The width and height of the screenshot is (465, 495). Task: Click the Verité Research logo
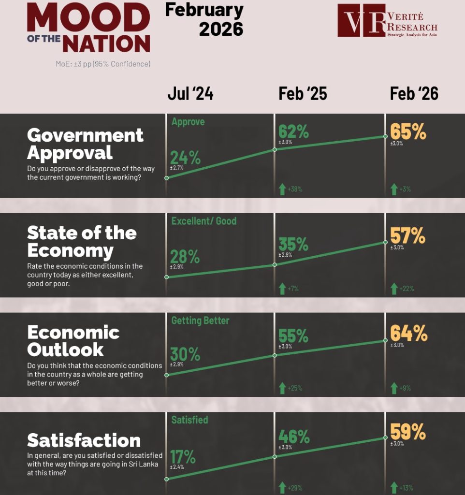click(x=387, y=20)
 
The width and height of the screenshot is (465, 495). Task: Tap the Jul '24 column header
click(x=190, y=94)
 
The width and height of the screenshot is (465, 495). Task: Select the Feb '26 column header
click(x=414, y=94)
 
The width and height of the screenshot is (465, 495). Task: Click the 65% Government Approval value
click(x=408, y=131)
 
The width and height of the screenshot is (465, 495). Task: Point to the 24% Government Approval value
click(x=185, y=158)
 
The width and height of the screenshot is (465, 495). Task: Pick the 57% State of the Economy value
click(x=408, y=236)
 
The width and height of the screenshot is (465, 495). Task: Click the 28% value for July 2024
click(x=185, y=257)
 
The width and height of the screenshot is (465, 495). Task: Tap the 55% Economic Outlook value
click(x=293, y=335)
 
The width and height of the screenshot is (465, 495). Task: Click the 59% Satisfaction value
click(x=408, y=431)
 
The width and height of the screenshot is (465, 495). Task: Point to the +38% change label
click(x=295, y=189)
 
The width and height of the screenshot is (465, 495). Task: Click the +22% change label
click(x=406, y=289)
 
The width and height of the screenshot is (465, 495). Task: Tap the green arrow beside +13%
click(x=394, y=487)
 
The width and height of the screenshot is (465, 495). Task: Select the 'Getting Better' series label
click(x=200, y=320)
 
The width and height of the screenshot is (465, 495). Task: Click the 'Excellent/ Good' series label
click(x=204, y=221)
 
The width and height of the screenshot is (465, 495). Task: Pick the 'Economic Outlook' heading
click(x=73, y=341)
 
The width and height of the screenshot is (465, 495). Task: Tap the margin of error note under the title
click(x=103, y=64)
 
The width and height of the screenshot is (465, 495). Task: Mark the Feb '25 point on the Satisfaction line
click(x=275, y=456)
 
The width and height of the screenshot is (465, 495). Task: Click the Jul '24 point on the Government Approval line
click(x=167, y=178)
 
